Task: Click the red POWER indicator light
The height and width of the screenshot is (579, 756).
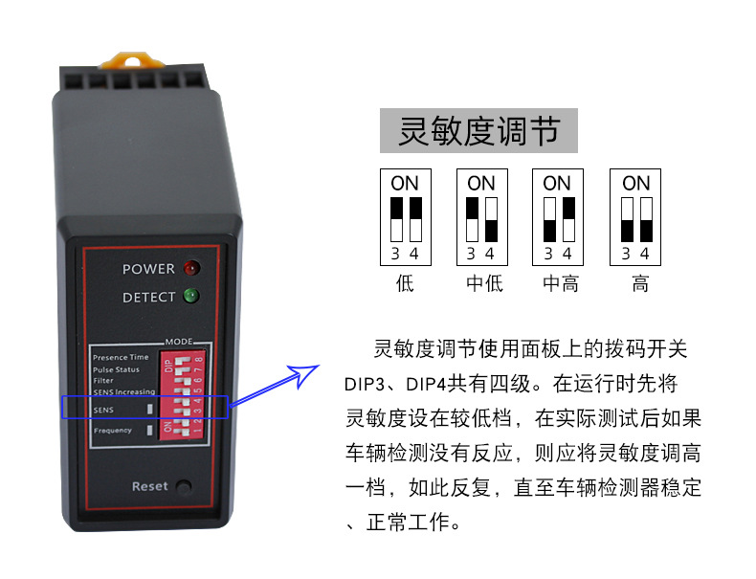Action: [189, 268]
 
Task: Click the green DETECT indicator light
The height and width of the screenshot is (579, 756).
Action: [189, 296]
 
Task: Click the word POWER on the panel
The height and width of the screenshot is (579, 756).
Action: [148, 269]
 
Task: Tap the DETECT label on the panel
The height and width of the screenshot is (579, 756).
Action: [148, 298]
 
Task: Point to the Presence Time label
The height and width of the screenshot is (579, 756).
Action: [121, 357]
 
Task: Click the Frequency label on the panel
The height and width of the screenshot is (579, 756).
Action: [113, 431]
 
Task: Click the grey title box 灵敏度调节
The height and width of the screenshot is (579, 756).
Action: [478, 131]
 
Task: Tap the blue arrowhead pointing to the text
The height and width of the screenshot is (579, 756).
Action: [305, 374]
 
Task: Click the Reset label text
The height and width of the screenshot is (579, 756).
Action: [149, 486]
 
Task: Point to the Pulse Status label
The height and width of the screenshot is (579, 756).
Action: [116, 369]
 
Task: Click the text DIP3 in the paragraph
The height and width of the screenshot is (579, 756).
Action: [367, 384]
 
